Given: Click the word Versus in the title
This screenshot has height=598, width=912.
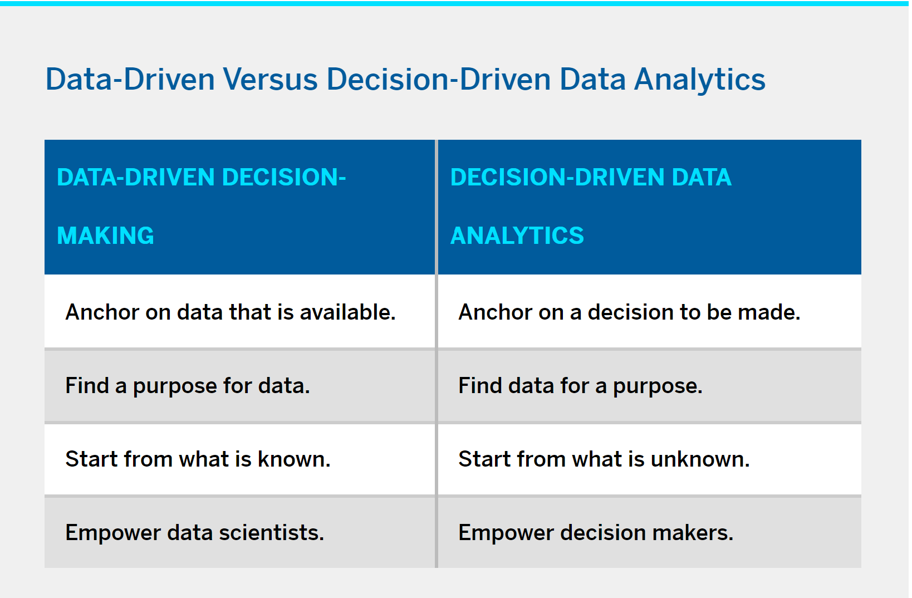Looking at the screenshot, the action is [270, 79].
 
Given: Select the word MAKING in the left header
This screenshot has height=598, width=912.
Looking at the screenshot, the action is [105, 236].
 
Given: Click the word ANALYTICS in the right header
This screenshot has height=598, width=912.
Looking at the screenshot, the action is [517, 236].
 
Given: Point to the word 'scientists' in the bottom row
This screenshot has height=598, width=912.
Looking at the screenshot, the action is [272, 532].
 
